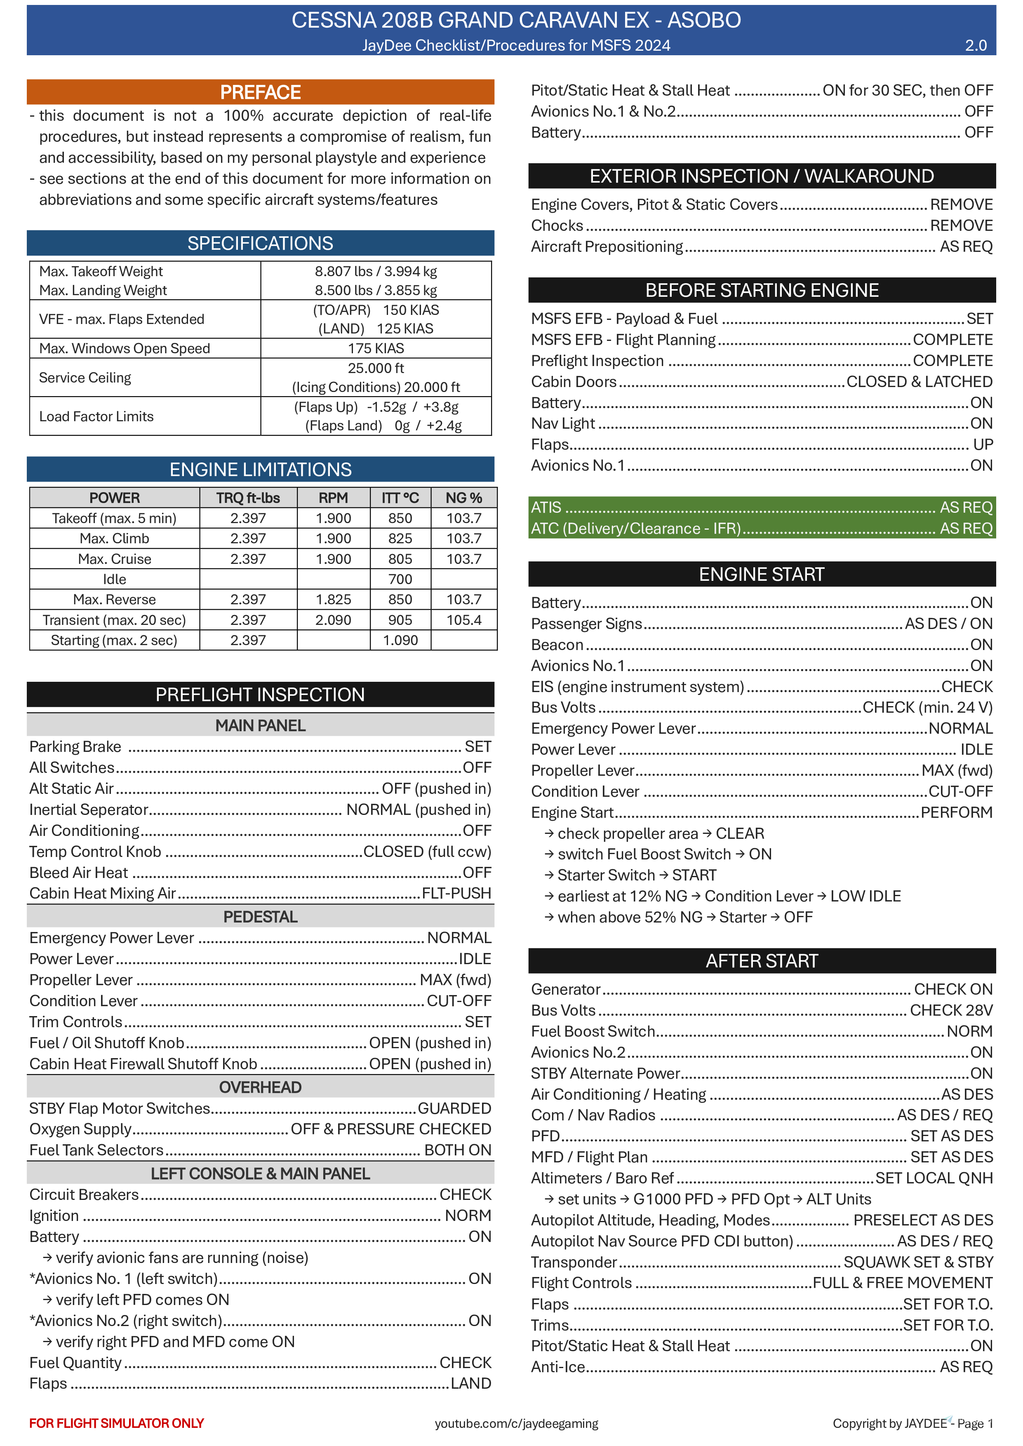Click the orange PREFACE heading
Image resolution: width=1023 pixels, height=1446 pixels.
click(x=260, y=92)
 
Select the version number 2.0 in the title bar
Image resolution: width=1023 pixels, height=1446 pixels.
click(x=975, y=45)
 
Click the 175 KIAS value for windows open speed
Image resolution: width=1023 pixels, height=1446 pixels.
click(x=376, y=348)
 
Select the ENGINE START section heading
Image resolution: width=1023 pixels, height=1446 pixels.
click(x=762, y=574)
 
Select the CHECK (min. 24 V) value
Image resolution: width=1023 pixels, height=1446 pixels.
click(x=927, y=707)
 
